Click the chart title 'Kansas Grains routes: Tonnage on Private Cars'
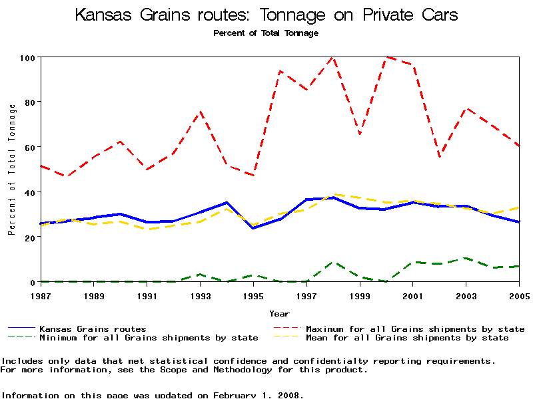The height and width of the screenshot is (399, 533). pyautogui.click(x=266, y=15)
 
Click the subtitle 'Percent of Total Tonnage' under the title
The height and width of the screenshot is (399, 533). pyautogui.click(x=266, y=33)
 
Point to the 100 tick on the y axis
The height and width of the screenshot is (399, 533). pyautogui.click(x=26, y=57)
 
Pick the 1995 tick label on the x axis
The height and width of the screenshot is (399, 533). pyautogui.click(x=253, y=295)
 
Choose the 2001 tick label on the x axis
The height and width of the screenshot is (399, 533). pyautogui.click(x=413, y=295)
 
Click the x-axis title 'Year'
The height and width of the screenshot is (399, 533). pyautogui.click(x=279, y=313)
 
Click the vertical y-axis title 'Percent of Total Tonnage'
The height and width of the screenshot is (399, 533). pyautogui.click(x=11, y=170)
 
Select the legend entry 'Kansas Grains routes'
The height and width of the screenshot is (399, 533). pyautogui.click(x=93, y=329)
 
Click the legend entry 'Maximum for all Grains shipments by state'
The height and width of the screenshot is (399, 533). pyautogui.click(x=415, y=329)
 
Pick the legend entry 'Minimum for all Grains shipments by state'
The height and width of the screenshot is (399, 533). pyautogui.click(x=149, y=338)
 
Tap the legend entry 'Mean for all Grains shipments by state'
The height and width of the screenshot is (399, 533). pyautogui.click(x=407, y=338)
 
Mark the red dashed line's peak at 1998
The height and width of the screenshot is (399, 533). pyautogui.click(x=332, y=57)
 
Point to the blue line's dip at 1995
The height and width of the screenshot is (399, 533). pyautogui.click(x=253, y=228)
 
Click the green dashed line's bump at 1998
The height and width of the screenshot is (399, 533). pyautogui.click(x=332, y=262)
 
